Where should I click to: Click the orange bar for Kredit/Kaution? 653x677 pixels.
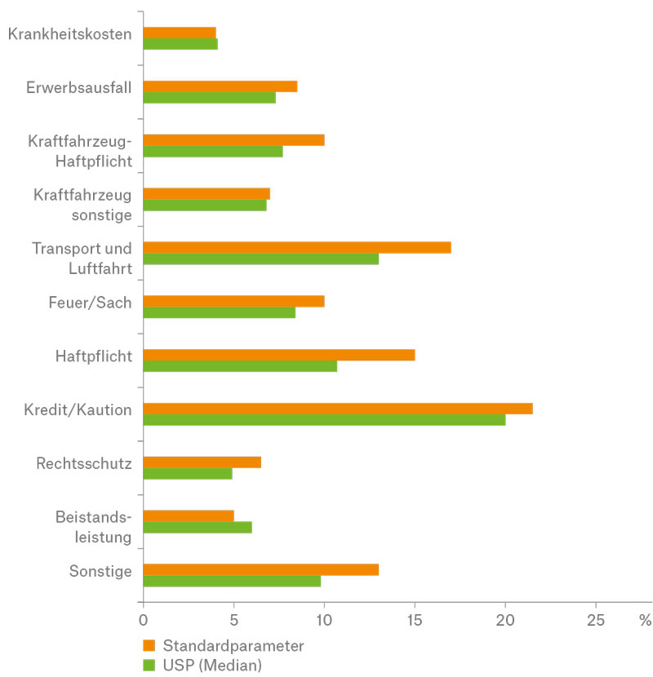point(338,408)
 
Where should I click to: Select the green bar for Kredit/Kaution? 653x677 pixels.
point(324,419)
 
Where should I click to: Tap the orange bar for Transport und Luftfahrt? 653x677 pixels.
point(297,247)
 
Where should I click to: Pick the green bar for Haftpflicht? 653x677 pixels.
point(240,366)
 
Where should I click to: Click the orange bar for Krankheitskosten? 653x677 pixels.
point(180,33)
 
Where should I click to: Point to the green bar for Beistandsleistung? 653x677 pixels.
point(198,527)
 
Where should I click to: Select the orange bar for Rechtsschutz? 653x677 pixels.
point(202,462)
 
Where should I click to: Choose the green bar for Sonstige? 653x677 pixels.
point(232,581)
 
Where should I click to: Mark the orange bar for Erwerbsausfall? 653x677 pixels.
point(220,86)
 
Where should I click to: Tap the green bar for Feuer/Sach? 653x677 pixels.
point(220,312)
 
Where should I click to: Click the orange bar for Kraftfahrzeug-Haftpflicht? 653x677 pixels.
point(234,139)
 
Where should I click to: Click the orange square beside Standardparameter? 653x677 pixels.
point(149,646)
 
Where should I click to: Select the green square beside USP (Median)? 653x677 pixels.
point(149,666)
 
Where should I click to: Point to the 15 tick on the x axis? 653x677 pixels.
point(415,607)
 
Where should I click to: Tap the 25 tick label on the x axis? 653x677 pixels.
point(596,620)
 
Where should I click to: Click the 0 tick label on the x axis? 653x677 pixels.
point(144,620)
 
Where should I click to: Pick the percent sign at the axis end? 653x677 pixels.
point(646,620)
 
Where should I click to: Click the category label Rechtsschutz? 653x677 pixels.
point(84,464)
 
